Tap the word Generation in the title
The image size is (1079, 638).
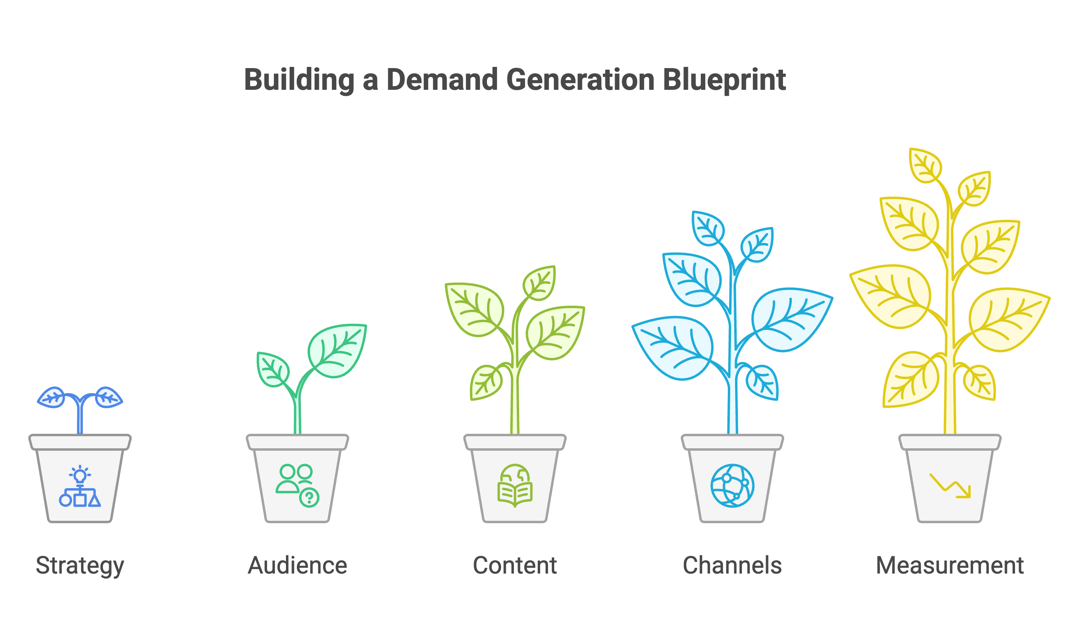(x=580, y=80)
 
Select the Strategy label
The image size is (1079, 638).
(x=80, y=566)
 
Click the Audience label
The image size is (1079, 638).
(x=298, y=566)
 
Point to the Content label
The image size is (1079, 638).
(x=515, y=566)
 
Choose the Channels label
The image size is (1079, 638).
(x=732, y=566)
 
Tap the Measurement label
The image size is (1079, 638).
(x=950, y=566)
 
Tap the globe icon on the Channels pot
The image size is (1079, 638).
(x=732, y=486)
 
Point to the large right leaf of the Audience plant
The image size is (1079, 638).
(x=338, y=350)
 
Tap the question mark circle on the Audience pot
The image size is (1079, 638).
(x=309, y=498)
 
